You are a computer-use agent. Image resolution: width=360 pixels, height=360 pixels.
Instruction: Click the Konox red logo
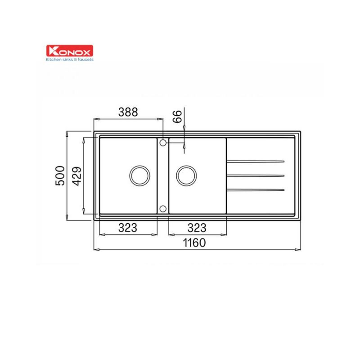click(x=70, y=51)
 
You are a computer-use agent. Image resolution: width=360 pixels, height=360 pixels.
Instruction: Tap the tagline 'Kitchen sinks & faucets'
click(x=70, y=60)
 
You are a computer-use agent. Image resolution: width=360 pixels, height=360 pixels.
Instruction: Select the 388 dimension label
click(x=128, y=112)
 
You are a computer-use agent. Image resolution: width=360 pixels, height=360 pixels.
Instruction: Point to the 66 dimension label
click(x=177, y=117)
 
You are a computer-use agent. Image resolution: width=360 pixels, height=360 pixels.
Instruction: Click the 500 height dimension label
click(x=60, y=175)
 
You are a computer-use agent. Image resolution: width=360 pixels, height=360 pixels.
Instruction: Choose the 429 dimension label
click(x=76, y=176)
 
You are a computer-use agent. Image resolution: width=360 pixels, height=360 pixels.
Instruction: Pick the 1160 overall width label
click(x=194, y=243)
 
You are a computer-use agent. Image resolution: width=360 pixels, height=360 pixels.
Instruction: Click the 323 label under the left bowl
click(x=128, y=228)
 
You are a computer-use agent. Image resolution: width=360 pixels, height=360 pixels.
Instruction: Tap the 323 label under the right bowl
click(x=197, y=228)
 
